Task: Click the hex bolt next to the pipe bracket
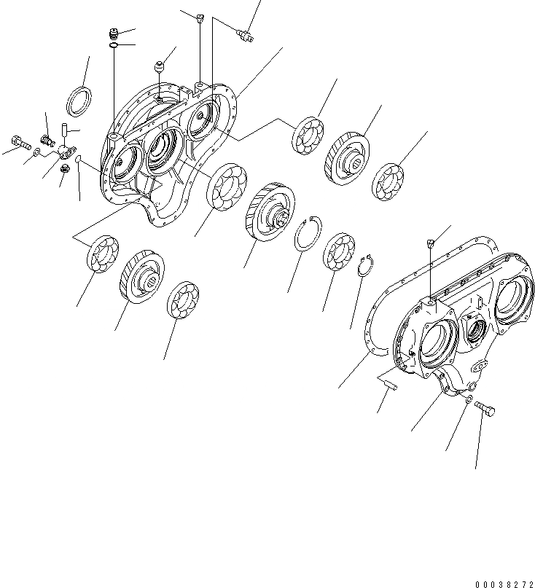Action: click(19, 142)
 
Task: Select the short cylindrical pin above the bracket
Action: click(64, 132)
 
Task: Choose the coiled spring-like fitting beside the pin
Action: click(47, 138)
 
